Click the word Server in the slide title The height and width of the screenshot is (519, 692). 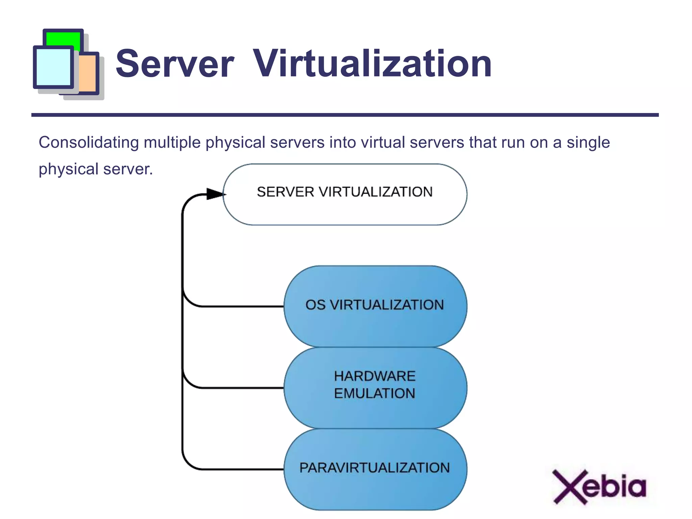(175, 64)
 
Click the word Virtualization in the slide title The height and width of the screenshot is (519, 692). (372, 64)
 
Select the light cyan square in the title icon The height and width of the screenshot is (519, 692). (53, 67)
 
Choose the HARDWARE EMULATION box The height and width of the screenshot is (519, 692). (375, 387)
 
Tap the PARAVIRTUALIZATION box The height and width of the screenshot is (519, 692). (375, 469)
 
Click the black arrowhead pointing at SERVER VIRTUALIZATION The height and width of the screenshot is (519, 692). (215, 194)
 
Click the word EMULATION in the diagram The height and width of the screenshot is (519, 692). (374, 393)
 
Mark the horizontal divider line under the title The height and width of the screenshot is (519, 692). (345, 115)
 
